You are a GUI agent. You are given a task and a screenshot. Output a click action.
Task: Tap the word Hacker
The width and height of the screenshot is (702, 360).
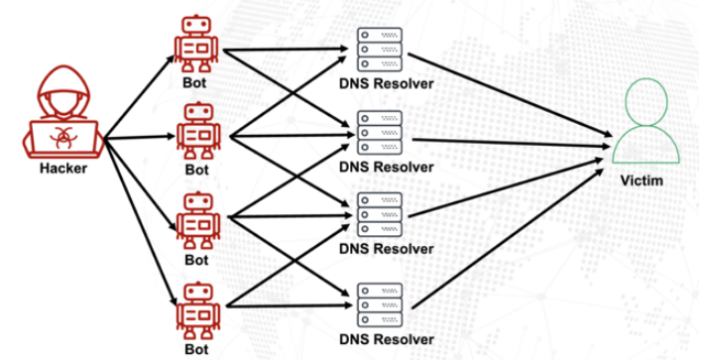coord(62,168)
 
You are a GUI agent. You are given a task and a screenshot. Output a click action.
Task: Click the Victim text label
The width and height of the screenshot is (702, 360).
coord(646,182)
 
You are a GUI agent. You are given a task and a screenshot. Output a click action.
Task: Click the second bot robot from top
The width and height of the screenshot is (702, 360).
coord(195,129)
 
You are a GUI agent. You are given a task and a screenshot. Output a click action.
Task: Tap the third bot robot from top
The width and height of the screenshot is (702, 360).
coord(195,219)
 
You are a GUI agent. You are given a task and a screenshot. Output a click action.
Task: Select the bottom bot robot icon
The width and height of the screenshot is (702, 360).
coord(195,308)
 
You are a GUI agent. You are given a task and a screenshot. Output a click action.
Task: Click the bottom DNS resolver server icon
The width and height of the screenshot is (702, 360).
coord(380,301)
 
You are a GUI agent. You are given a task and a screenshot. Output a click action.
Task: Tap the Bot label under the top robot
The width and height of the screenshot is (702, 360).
coord(195,79)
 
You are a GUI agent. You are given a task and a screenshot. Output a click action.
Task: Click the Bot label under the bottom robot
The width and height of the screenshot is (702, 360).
coord(195,348)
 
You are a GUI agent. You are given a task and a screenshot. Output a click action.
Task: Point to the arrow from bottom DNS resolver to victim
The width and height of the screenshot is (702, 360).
coord(506,238)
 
